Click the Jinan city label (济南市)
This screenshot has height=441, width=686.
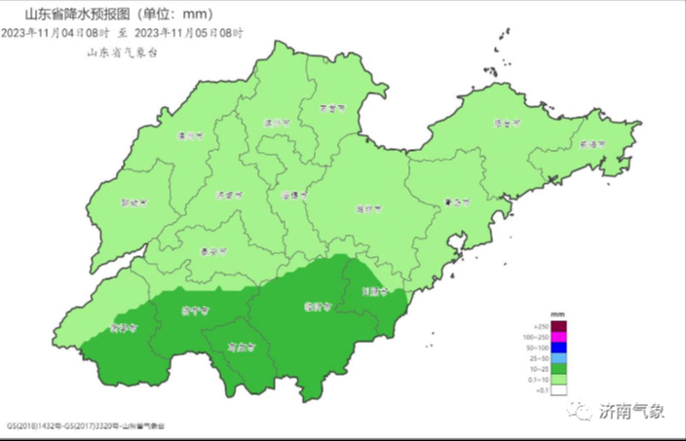(x=227, y=195)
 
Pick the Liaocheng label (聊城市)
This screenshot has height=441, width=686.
(x=132, y=204)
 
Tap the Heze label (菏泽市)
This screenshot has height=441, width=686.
(x=122, y=327)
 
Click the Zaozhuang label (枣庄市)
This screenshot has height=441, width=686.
(x=240, y=346)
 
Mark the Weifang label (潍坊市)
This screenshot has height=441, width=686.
(x=368, y=208)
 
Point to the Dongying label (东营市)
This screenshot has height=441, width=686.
(x=335, y=110)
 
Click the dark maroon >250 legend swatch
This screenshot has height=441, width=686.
(x=558, y=326)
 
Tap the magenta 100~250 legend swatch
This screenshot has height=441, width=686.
(x=558, y=337)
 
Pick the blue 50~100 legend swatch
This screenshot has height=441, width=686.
(x=558, y=348)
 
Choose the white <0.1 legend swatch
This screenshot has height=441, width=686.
(x=558, y=390)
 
